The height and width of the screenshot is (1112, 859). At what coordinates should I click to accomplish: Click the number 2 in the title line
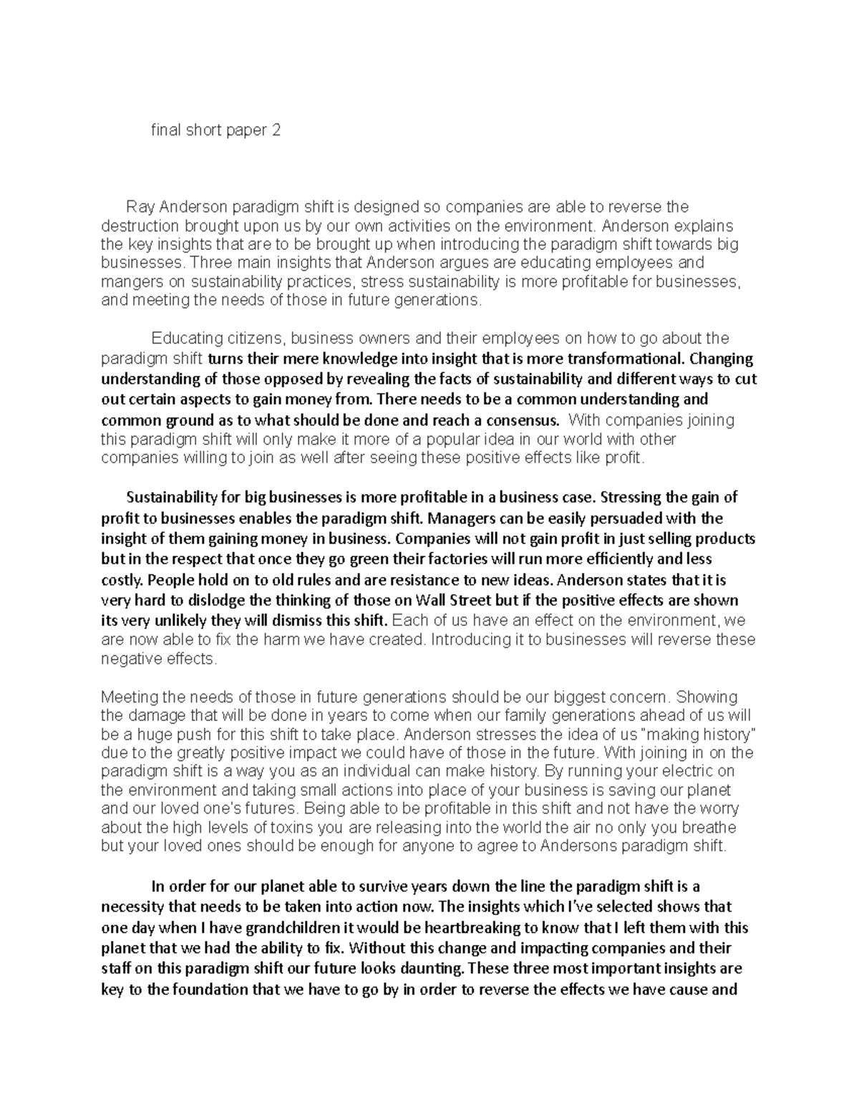[276, 130]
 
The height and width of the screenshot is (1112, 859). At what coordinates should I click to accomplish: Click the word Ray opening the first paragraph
[141, 207]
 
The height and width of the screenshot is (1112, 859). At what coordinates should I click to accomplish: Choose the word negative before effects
[132, 658]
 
